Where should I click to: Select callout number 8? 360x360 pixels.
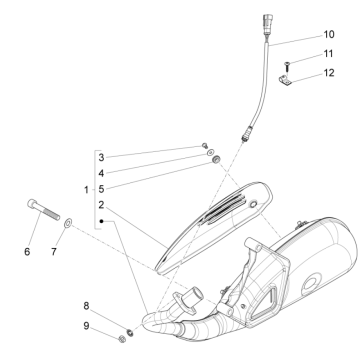87,305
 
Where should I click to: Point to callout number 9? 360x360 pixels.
87,325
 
